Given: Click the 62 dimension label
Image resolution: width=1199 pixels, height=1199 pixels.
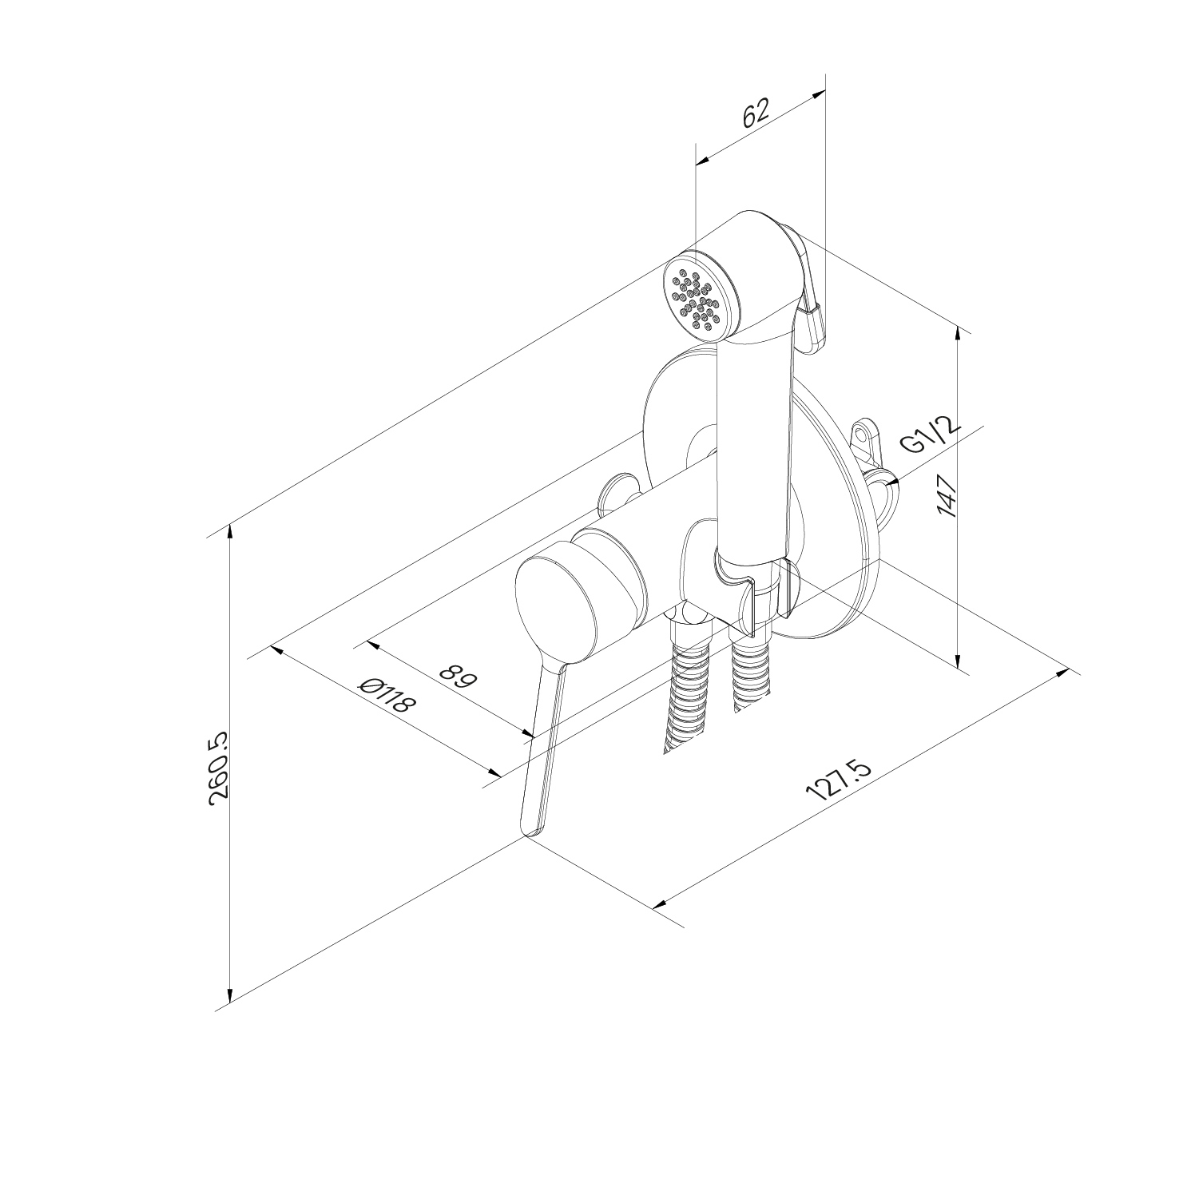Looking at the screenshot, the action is tap(755, 113).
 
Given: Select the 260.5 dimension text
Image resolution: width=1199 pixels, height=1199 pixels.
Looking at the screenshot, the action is tap(218, 768).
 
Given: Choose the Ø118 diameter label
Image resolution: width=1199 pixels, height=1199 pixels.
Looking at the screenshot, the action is tap(388, 696).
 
